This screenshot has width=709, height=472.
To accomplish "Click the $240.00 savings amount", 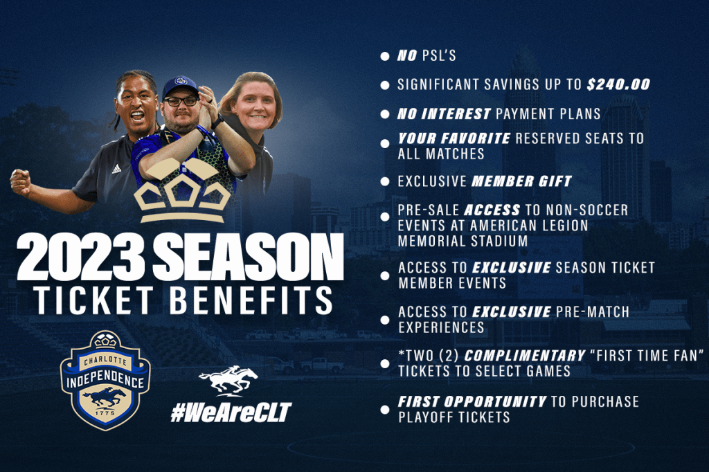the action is pyautogui.click(x=618, y=84).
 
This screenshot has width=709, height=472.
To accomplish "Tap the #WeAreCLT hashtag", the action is pyautogui.click(x=231, y=412).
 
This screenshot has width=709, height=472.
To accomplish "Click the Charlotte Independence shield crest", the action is pyautogui.click(x=105, y=381).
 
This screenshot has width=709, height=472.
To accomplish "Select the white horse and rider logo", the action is pyautogui.click(x=228, y=381).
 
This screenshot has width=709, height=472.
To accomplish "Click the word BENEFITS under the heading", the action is pyautogui.click(x=252, y=300).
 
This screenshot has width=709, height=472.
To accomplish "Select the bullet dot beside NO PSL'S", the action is pyautogui.click(x=385, y=57).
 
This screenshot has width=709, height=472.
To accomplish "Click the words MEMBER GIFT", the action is pyautogui.click(x=522, y=181).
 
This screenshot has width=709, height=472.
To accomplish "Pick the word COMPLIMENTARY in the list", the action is pyautogui.click(x=525, y=356).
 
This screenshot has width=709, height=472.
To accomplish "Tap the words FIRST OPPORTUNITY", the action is pyautogui.click(x=472, y=401).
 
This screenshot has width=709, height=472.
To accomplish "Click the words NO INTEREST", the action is pyautogui.click(x=444, y=114).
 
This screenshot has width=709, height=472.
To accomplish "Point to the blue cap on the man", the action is pyautogui.click(x=181, y=87).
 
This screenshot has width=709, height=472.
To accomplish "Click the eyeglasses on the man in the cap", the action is pyautogui.click(x=181, y=101).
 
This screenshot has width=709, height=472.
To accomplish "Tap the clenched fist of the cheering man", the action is pyautogui.click(x=21, y=182).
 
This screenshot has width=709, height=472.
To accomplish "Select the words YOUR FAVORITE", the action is pyautogui.click(x=454, y=138).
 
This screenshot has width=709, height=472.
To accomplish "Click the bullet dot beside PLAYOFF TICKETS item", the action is pyautogui.click(x=385, y=410).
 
